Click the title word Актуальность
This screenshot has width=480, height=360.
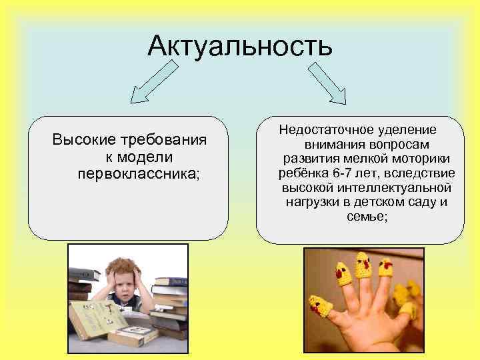(239, 46)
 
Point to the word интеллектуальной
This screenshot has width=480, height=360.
(397, 187)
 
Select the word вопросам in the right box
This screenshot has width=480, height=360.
(397, 143)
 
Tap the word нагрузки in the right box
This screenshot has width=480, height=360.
(316, 202)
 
